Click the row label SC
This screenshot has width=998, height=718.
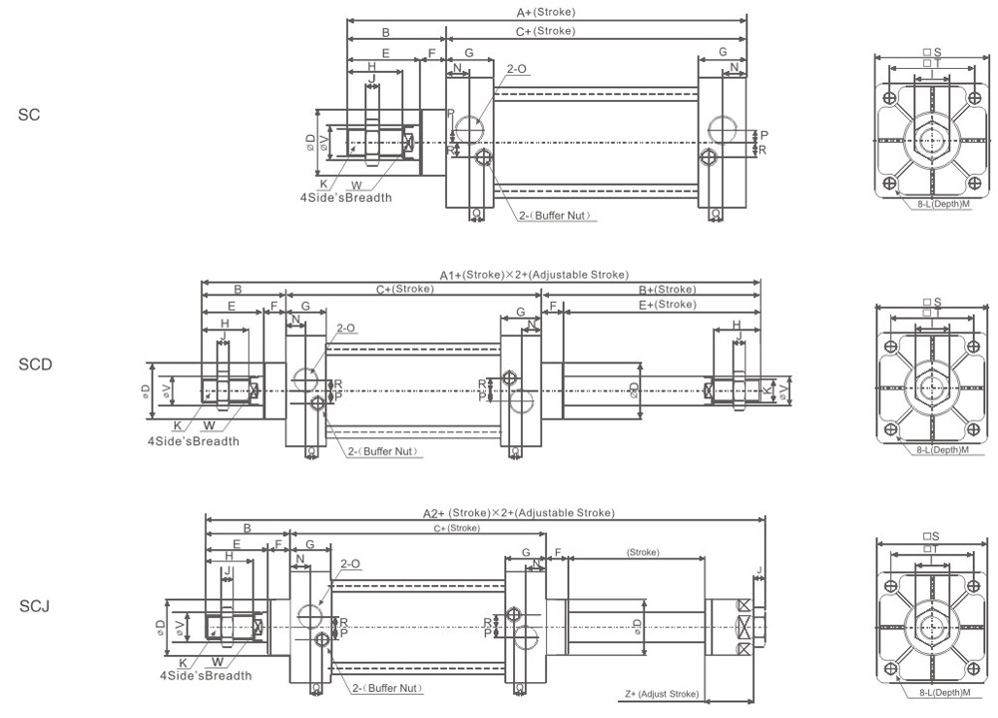click(29, 115)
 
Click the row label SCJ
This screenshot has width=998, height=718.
click(34, 606)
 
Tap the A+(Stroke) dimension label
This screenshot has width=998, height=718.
click(546, 13)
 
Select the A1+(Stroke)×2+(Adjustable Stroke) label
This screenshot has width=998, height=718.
click(534, 274)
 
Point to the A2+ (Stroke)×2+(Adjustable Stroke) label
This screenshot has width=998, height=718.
click(518, 512)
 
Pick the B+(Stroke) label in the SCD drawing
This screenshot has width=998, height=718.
click(668, 290)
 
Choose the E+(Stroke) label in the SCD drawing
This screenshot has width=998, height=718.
click(667, 305)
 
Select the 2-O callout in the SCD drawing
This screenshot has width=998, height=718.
click(346, 328)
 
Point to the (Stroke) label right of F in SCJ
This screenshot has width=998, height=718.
click(643, 552)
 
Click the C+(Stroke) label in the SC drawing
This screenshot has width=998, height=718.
click(545, 31)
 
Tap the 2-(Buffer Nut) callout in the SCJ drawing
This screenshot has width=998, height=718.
click(386, 688)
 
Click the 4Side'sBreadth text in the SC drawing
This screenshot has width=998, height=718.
click(345, 198)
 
